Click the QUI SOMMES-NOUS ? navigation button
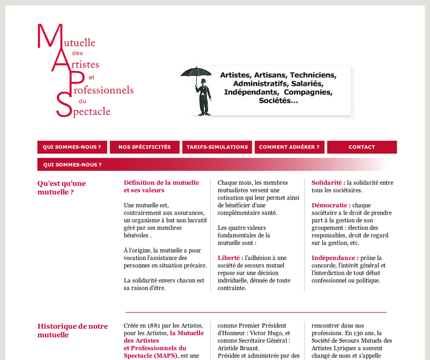tap(72, 147)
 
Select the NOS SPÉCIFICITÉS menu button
tap(145, 147)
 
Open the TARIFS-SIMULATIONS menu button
tap(217, 147)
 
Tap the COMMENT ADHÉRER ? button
tap(289, 147)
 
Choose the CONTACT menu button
tap(362, 147)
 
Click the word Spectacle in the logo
tap(91, 112)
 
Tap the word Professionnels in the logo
tap(103, 90)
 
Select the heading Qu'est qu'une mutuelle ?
tap(62, 187)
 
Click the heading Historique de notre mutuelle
tap(72, 330)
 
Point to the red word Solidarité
tap(328, 183)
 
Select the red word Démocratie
tap(330, 205)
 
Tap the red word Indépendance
tap(334, 258)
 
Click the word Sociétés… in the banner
tap(278, 101)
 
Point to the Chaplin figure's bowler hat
tap(203, 81)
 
